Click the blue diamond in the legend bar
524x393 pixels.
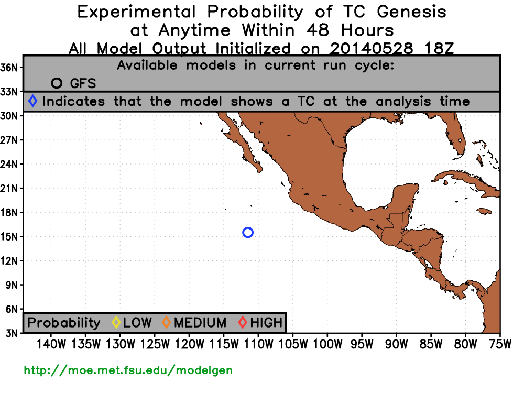[32, 101]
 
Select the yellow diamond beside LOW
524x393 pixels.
[116, 322]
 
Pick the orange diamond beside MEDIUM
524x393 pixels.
[166, 322]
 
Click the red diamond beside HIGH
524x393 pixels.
[243, 322]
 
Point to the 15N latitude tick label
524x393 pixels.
[9, 237]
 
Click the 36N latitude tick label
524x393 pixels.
[9, 68]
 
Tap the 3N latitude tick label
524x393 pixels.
[12, 333]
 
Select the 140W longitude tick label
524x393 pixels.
[51, 344]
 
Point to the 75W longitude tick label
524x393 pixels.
[500, 344]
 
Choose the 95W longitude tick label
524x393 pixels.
[362, 344]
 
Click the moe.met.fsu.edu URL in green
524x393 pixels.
[128, 370]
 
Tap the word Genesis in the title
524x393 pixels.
[411, 12]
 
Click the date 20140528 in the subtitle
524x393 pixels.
[372, 49]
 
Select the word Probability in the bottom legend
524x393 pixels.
[64, 323]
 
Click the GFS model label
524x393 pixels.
[83, 83]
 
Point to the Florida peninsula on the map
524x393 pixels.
[456, 137]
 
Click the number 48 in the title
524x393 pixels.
[318, 30]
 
